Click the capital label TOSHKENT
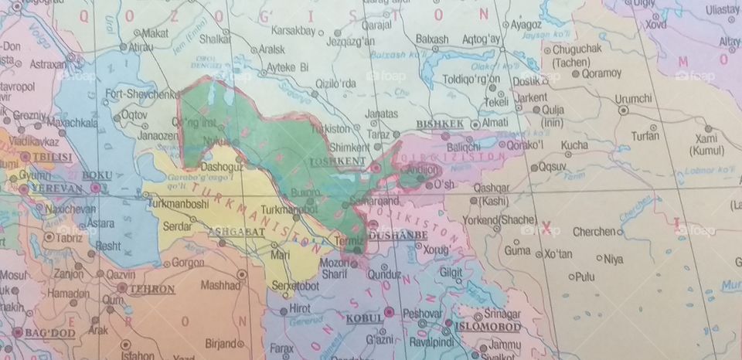tap(337, 161)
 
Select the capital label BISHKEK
tap(439, 124)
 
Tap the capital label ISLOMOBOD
tap(487, 326)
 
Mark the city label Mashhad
tap(220, 284)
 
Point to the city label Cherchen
tap(593, 232)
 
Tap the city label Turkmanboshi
tap(178, 204)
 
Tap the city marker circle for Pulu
tap(571, 276)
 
